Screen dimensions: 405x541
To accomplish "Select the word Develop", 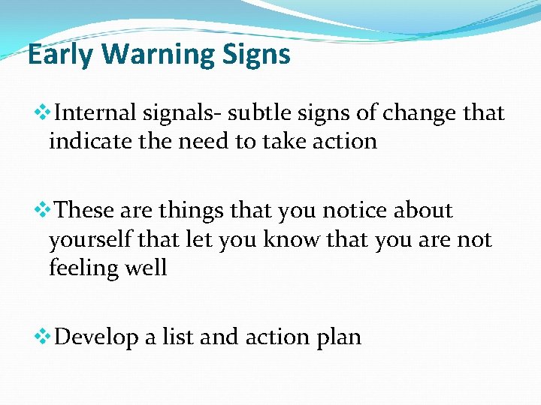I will pyautogui.click(x=98, y=338).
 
